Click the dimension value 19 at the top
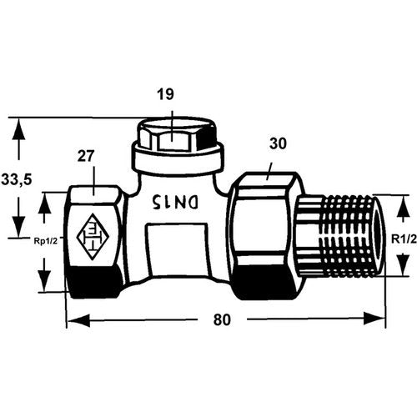point(165,94)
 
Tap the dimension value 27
point(86,156)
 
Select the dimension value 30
point(278,144)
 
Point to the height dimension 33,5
point(17,180)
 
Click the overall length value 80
point(222,319)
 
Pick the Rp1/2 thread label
point(45,241)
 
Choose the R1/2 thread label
point(404,239)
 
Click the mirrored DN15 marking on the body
point(175,202)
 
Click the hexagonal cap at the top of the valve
point(178,133)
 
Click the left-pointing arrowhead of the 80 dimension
point(78,319)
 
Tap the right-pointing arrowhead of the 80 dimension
point(374,319)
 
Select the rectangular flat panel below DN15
point(178,249)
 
